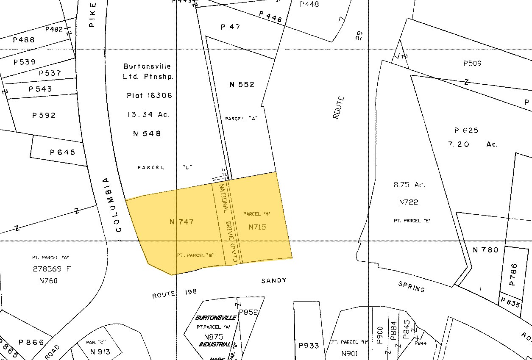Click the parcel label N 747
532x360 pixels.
181,222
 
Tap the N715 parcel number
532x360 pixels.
257,227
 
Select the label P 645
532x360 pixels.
62,152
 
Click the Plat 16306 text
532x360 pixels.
150,96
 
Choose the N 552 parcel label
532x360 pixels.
242,85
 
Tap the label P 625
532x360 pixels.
466,130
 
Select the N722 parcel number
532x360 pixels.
409,202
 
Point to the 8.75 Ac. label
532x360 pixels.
409,185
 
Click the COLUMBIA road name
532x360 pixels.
113,205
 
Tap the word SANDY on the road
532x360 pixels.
274,280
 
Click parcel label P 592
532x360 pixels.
44,116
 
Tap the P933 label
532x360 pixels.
309,346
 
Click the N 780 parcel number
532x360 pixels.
486,250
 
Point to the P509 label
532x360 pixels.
472,64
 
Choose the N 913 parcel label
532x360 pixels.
100,352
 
